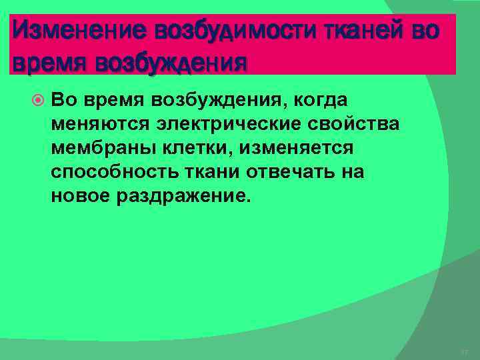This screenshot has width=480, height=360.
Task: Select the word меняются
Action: point(87,124)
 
